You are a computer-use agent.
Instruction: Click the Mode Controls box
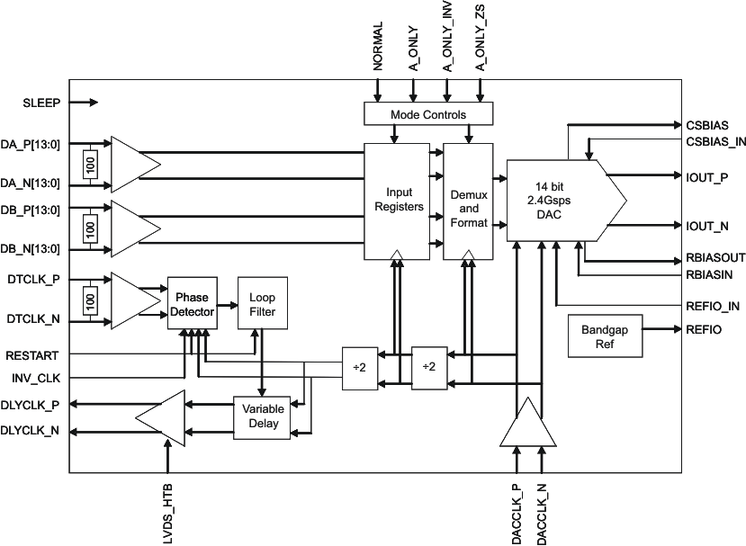tap(427, 114)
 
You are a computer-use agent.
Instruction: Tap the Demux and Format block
tap(468, 200)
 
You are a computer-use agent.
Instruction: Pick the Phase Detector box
tap(191, 304)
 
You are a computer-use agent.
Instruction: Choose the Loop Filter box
tap(262, 304)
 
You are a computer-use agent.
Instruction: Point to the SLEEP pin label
tap(41, 103)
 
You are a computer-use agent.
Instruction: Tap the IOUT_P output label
tap(706, 177)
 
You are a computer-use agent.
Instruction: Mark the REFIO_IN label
tap(713, 306)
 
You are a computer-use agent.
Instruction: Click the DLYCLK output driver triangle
tap(160, 417)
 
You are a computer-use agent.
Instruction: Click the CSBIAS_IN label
tap(715, 141)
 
